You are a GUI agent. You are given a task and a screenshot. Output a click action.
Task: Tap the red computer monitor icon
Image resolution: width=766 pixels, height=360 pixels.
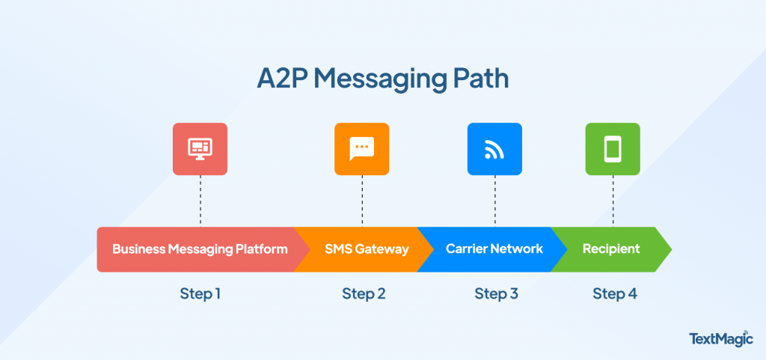click(200, 149)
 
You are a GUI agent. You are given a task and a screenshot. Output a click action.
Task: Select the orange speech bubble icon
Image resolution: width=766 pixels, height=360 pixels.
click(361, 149)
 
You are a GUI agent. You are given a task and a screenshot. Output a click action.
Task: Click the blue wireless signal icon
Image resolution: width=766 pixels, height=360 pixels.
click(494, 149)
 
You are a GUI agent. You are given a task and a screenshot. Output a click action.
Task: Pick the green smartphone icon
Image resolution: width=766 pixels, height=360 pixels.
click(613, 149)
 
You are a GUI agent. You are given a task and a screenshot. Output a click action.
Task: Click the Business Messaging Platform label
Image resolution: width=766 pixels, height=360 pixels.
click(200, 249)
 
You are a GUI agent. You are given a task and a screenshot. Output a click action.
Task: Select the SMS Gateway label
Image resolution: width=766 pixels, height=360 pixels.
click(367, 249)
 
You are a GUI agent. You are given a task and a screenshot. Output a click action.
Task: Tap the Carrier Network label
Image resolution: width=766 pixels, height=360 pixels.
click(494, 249)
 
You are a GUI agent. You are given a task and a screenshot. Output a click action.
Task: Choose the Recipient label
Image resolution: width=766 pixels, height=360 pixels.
click(611, 249)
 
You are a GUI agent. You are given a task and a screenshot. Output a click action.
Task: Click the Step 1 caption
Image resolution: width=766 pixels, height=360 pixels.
click(200, 293)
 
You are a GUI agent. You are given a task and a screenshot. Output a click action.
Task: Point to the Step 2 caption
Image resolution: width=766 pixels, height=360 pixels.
click(364, 293)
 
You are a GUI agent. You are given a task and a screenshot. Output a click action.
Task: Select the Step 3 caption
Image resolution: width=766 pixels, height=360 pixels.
click(496, 293)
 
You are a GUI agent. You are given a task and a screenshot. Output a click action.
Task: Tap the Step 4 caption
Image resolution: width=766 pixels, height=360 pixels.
click(615, 293)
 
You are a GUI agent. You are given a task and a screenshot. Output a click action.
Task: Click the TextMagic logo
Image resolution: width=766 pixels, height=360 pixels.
click(720, 338)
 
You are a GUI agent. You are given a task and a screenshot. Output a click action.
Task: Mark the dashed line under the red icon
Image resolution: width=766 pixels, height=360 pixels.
click(200, 201)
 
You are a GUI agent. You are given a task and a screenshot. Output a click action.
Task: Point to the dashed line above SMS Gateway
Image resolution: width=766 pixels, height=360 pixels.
click(362, 201)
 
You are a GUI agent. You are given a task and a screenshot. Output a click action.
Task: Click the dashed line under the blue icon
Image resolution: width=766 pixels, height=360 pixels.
click(494, 201)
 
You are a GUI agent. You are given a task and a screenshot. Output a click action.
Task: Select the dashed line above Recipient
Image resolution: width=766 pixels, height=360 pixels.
click(613, 201)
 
